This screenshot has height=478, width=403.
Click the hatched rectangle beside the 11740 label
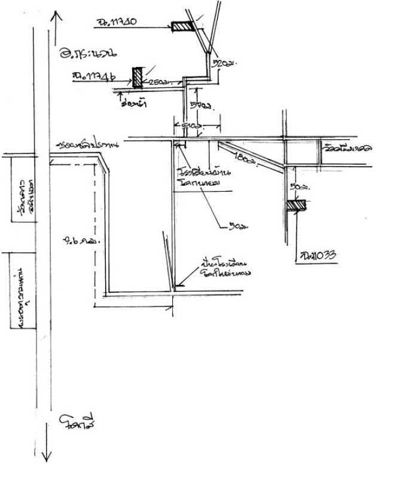coord(181,27)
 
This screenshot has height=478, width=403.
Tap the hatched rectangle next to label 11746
coord(138,76)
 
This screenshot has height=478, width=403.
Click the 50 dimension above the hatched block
coord(294,187)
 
